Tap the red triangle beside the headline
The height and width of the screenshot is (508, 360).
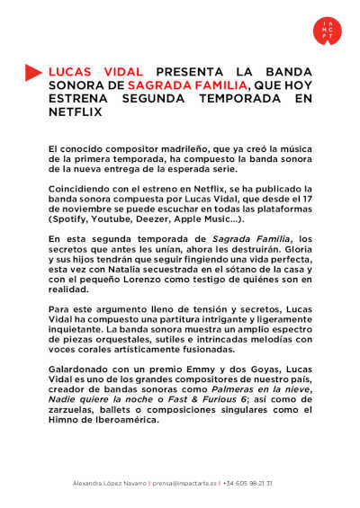[33, 71]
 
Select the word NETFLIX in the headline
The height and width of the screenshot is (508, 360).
[76, 111]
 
